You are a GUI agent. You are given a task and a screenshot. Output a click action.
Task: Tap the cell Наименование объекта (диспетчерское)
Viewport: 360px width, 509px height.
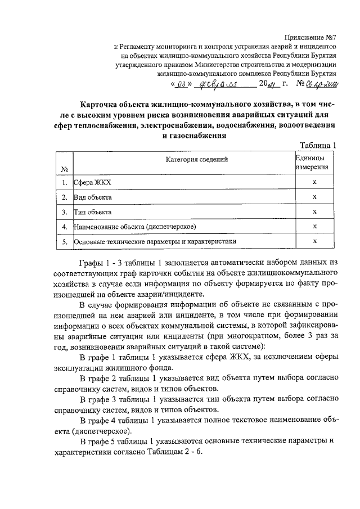click(x=134, y=227)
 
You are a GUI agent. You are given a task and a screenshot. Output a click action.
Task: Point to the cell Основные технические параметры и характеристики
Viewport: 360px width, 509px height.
click(x=155, y=241)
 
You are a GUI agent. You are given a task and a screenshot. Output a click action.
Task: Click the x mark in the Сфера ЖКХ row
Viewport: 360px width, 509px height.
click(x=315, y=183)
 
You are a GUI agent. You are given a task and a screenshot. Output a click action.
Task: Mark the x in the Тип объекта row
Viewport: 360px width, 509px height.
click(x=315, y=212)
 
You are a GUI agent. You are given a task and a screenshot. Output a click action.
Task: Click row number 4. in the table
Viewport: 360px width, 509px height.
click(x=65, y=227)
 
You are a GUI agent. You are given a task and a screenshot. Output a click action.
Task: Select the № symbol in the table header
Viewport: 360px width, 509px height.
click(x=64, y=169)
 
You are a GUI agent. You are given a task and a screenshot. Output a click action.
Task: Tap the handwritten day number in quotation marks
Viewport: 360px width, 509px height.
click(x=181, y=85)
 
